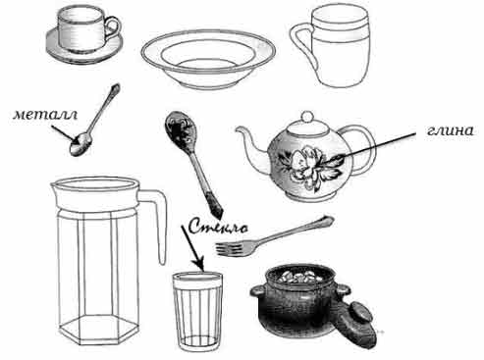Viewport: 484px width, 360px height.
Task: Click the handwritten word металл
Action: point(45,115)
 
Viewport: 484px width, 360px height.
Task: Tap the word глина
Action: point(451,130)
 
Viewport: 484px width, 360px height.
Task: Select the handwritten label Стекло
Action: point(218,227)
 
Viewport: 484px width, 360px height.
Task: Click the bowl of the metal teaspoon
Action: point(81,144)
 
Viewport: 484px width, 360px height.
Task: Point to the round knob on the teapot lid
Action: point(307,117)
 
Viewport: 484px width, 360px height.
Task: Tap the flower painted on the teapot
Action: point(309,167)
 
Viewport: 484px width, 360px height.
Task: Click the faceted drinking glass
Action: point(197,312)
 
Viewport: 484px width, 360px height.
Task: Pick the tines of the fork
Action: point(229,249)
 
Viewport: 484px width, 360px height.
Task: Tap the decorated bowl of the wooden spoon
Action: point(179,129)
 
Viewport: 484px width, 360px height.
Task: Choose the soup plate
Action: point(208,59)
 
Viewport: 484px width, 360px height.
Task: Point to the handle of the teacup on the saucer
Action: point(114,27)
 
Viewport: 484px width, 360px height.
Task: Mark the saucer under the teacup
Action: point(84,49)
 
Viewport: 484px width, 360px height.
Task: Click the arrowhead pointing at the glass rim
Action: point(199,264)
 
